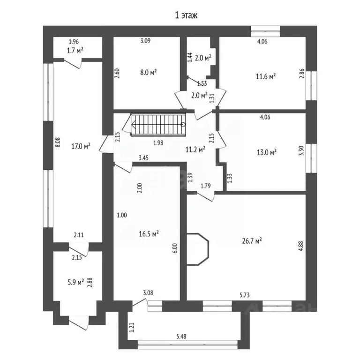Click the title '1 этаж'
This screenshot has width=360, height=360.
click(x=186, y=15)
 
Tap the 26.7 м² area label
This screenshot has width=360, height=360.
click(x=252, y=240)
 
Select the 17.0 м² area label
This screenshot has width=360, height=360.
click(x=80, y=146)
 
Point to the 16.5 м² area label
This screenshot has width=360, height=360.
click(x=149, y=233)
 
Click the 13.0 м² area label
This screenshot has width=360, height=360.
click(x=266, y=152)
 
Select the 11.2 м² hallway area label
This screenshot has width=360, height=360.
click(x=195, y=150)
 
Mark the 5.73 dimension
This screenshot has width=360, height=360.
click(x=244, y=295)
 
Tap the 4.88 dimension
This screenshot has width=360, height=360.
click(x=300, y=247)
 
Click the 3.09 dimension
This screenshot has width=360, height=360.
click(x=146, y=41)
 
